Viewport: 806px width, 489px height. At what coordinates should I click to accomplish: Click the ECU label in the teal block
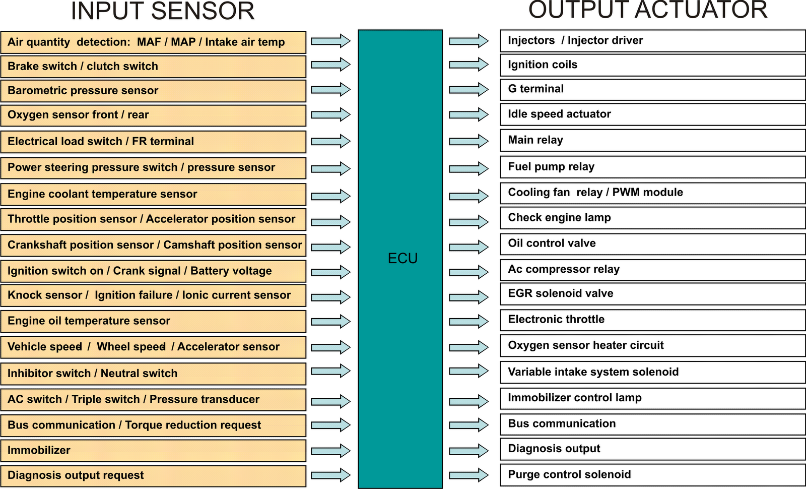[x=402, y=258]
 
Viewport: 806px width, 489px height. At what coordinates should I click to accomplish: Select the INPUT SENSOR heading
[x=163, y=11]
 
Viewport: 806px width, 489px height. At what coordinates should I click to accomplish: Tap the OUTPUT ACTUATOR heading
[x=648, y=10]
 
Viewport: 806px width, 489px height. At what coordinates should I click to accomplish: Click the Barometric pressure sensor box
[x=153, y=91]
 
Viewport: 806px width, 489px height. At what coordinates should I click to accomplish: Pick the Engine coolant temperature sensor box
[x=153, y=194]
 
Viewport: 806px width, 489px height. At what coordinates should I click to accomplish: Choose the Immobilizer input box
[x=153, y=450]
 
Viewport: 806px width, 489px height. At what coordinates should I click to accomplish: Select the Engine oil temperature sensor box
[x=153, y=321]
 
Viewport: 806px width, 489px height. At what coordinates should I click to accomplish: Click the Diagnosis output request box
[x=153, y=475]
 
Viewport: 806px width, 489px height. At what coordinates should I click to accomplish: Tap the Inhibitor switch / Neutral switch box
[x=153, y=374]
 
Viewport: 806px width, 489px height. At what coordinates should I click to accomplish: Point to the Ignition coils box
[x=652, y=65]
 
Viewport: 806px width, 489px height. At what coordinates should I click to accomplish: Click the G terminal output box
[x=652, y=89]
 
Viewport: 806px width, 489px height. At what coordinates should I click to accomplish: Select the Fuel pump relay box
[x=652, y=167]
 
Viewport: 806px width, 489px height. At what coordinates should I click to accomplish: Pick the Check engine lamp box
[x=652, y=218]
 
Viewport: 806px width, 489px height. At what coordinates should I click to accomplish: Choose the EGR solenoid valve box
[x=652, y=294]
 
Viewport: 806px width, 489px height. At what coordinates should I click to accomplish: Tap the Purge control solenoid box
[x=652, y=475]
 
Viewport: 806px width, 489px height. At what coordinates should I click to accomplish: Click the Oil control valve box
[x=652, y=243]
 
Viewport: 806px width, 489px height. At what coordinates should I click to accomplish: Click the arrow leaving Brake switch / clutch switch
[x=330, y=65]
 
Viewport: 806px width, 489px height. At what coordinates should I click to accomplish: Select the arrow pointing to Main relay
[x=468, y=141]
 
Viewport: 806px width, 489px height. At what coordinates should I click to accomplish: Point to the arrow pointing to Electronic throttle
[x=468, y=321]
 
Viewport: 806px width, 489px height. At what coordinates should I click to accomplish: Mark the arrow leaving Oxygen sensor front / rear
[x=330, y=114]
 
